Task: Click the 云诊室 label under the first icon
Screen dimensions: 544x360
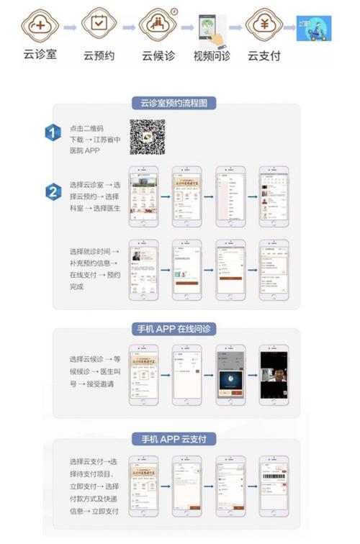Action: [x=40, y=55]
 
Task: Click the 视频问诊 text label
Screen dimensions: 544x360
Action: [x=212, y=56]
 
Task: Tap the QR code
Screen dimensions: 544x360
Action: [x=147, y=137]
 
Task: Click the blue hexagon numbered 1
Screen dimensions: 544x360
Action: [x=53, y=132]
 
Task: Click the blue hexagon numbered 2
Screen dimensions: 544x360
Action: [x=53, y=192]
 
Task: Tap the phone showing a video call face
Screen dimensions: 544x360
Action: [x=274, y=374]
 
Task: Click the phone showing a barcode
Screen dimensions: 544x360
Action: [x=274, y=484]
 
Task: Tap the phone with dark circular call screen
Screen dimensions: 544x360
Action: [x=230, y=374]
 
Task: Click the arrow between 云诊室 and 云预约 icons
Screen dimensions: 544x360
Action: [x=70, y=27]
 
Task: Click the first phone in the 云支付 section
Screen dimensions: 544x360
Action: [x=143, y=484]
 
